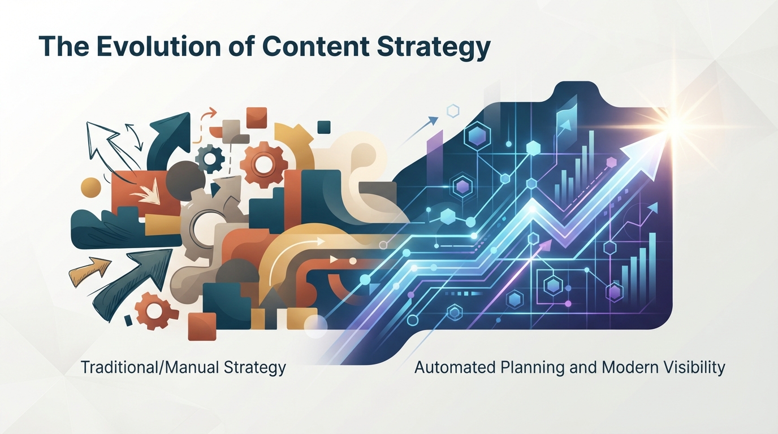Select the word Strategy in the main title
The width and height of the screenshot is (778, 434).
click(434, 49)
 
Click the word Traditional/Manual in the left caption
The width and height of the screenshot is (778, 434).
click(150, 368)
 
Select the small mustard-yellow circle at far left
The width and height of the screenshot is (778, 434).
click(90, 188)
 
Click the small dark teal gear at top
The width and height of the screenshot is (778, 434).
click(209, 159)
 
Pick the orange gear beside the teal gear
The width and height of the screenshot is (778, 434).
click(264, 163)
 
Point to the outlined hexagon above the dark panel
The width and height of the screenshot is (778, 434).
click(453, 111)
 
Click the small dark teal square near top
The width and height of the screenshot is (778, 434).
click(324, 127)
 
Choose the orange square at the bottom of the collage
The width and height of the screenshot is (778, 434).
click(202, 326)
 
